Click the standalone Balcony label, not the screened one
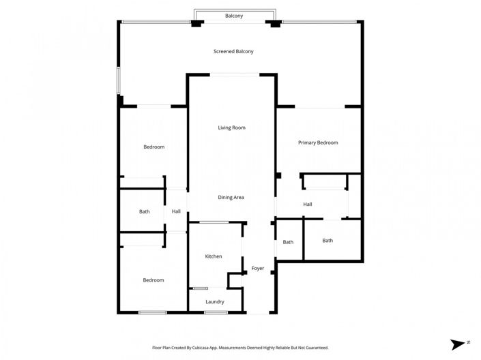(234, 15)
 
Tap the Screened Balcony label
(233, 51)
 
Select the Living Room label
(231, 127)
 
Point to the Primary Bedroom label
(318, 142)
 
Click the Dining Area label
(231, 197)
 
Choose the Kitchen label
(214, 256)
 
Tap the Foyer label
(257, 268)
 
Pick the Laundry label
(214, 301)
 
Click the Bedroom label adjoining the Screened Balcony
(154, 147)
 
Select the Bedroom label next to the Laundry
(153, 280)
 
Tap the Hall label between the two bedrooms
(176, 211)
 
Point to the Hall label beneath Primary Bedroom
(308, 204)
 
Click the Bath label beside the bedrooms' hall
(145, 211)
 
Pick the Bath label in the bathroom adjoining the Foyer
(288, 242)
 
